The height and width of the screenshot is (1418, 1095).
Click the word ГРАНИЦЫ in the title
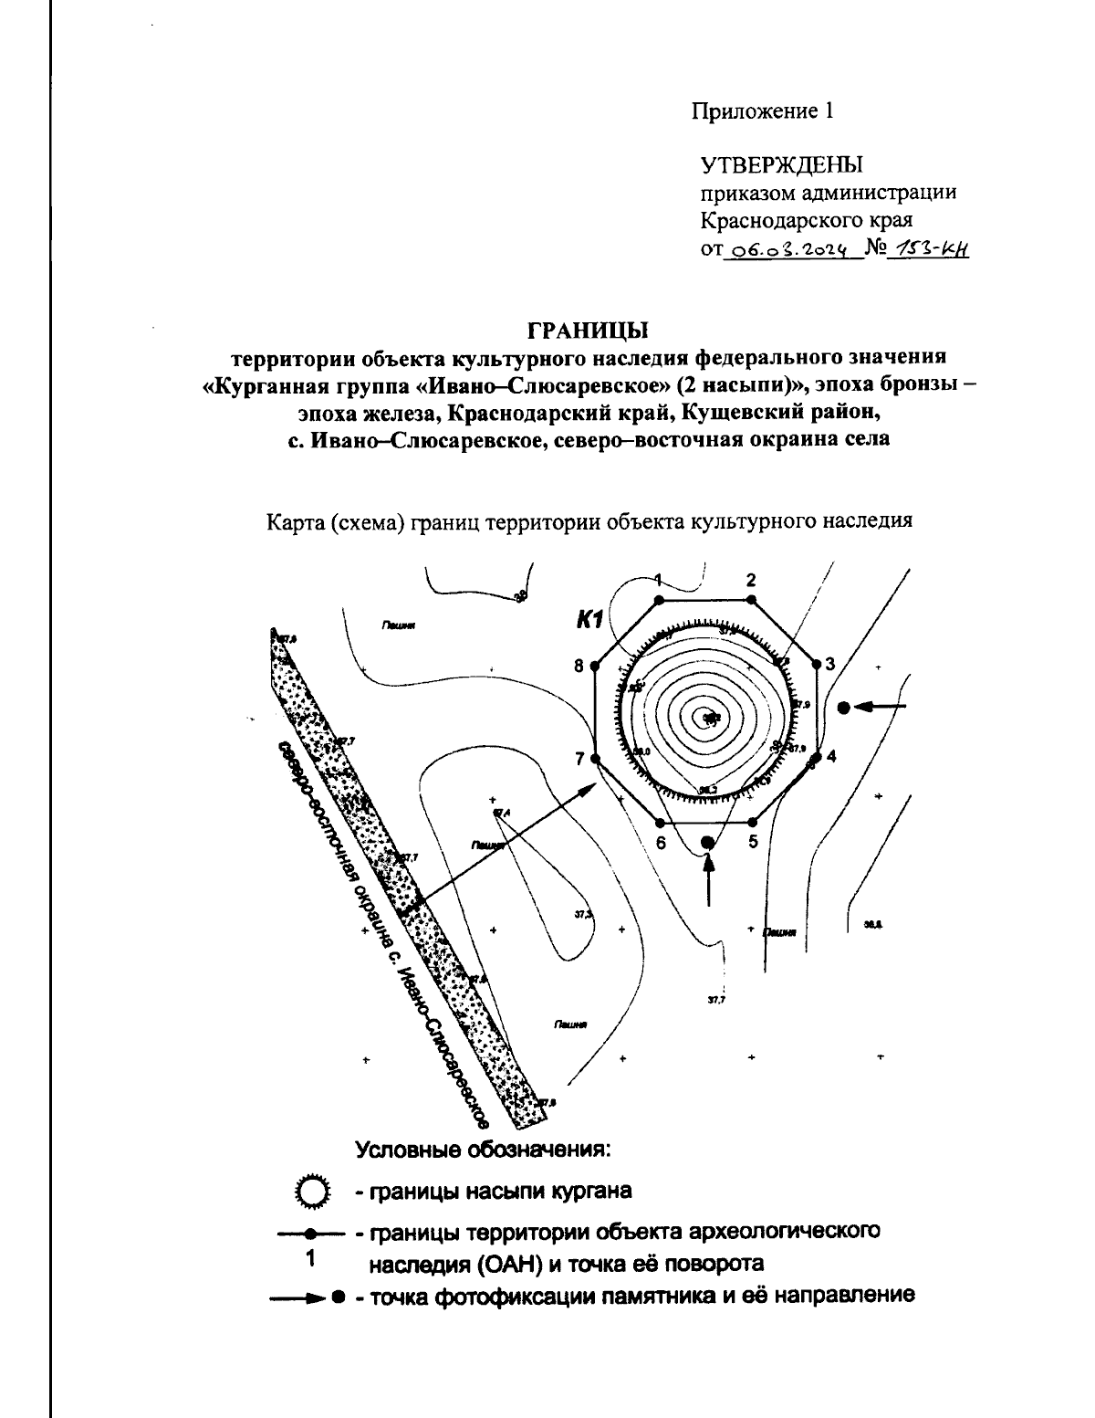click(x=589, y=326)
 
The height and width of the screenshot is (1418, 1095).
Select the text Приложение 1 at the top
click(x=762, y=111)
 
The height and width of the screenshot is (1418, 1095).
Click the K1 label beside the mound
click(x=587, y=622)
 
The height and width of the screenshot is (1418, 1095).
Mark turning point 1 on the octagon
click(x=658, y=600)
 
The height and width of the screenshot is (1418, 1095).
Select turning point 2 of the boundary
click(x=751, y=600)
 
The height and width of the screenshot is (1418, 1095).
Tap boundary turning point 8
click(x=594, y=666)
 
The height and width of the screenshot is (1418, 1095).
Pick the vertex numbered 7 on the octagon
click(x=594, y=758)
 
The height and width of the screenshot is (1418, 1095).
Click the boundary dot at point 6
click(x=659, y=822)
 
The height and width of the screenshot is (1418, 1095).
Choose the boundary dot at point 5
click(x=751, y=822)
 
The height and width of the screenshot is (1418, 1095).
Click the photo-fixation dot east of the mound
click(x=844, y=707)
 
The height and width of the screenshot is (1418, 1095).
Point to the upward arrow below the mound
click(x=708, y=881)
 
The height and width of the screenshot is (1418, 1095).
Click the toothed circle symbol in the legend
click(x=312, y=1192)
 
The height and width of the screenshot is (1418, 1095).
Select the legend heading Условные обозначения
click(x=483, y=1149)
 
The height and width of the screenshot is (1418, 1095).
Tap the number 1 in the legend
click(x=310, y=1259)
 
